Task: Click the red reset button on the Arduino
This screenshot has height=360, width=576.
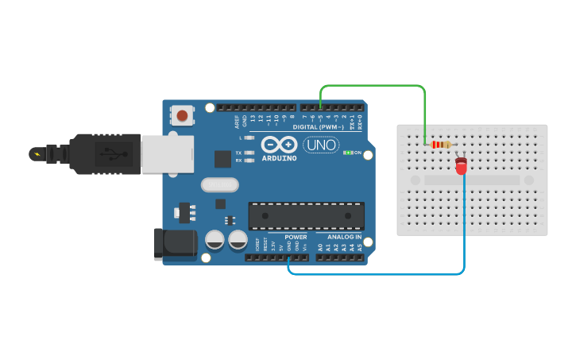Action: (183, 116)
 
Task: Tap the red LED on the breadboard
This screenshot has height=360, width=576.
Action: (461, 167)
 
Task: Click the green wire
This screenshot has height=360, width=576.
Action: (373, 86)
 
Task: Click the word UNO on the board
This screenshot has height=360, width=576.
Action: (320, 145)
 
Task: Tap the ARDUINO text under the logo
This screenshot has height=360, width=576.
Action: (279, 158)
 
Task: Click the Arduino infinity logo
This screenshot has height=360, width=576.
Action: (279, 145)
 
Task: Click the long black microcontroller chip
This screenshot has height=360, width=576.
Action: (307, 215)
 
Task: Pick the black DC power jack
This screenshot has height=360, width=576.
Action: (176, 245)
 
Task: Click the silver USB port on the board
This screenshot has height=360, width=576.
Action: (167, 153)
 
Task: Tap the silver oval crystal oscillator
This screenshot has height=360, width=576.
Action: (220, 185)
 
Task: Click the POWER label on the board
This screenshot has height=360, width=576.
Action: (296, 237)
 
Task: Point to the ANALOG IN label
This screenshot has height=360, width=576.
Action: (344, 237)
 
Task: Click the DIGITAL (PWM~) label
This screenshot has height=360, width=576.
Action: (319, 127)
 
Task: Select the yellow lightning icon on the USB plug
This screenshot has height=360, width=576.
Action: (36, 153)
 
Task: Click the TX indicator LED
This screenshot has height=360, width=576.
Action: (249, 152)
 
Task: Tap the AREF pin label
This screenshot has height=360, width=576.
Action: (237, 122)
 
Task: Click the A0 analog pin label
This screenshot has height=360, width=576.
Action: (320, 247)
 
